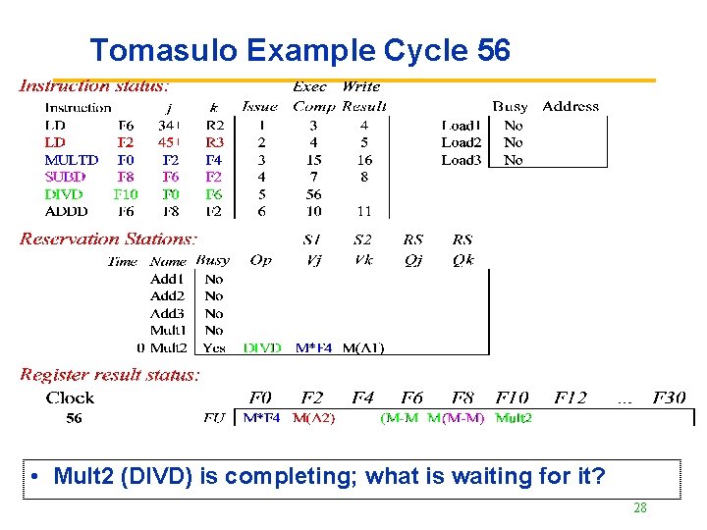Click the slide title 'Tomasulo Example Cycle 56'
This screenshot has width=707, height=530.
pyautogui.click(x=299, y=50)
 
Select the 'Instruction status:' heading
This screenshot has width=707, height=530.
pyautogui.click(x=94, y=86)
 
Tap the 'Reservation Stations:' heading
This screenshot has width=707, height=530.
pyautogui.click(x=109, y=238)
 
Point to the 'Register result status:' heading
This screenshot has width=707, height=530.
pyautogui.click(x=110, y=374)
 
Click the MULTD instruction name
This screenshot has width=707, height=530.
pyautogui.click(x=72, y=160)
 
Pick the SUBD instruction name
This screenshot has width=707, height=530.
pyautogui.click(x=65, y=177)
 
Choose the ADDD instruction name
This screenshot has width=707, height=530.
pyautogui.click(x=66, y=211)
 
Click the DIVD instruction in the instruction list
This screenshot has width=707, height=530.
pyautogui.click(x=64, y=194)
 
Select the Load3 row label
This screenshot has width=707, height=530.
pyautogui.click(x=461, y=160)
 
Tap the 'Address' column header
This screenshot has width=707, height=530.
pyautogui.click(x=571, y=106)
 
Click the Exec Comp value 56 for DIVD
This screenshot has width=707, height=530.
pyautogui.click(x=313, y=194)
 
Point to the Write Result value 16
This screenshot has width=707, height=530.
pyautogui.click(x=364, y=160)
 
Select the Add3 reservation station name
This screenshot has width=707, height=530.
pyautogui.click(x=167, y=313)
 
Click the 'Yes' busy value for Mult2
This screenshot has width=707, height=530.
pyautogui.click(x=214, y=347)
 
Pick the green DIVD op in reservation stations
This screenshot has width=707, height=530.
pyautogui.click(x=262, y=347)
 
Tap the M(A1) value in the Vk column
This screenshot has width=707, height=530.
pyautogui.click(x=363, y=347)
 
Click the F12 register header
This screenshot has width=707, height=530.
pyautogui.click(x=571, y=397)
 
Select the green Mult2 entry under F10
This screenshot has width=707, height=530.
pyautogui.click(x=514, y=418)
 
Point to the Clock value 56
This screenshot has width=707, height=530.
pyautogui.click(x=74, y=418)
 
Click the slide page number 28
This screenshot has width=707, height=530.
pyautogui.click(x=639, y=507)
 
